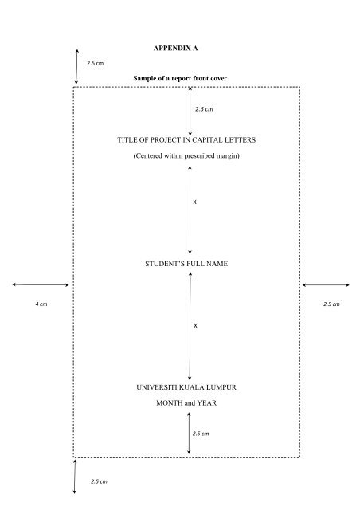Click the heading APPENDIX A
(175, 48)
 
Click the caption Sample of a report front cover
(180, 78)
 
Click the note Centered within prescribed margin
(186, 156)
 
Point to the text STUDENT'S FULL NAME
(186, 264)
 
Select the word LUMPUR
(221, 387)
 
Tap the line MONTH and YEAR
(186, 403)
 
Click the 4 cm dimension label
(41, 304)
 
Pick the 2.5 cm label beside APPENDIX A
(96, 63)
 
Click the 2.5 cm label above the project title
(204, 109)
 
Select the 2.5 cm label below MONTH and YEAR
(201, 433)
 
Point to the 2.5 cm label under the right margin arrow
(331, 304)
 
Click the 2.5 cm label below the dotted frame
(99, 481)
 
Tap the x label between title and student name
(195, 202)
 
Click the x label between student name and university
(195, 326)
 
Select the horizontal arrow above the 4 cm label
(41, 285)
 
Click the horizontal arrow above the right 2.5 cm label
(326, 285)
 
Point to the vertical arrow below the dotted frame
(75, 477)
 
